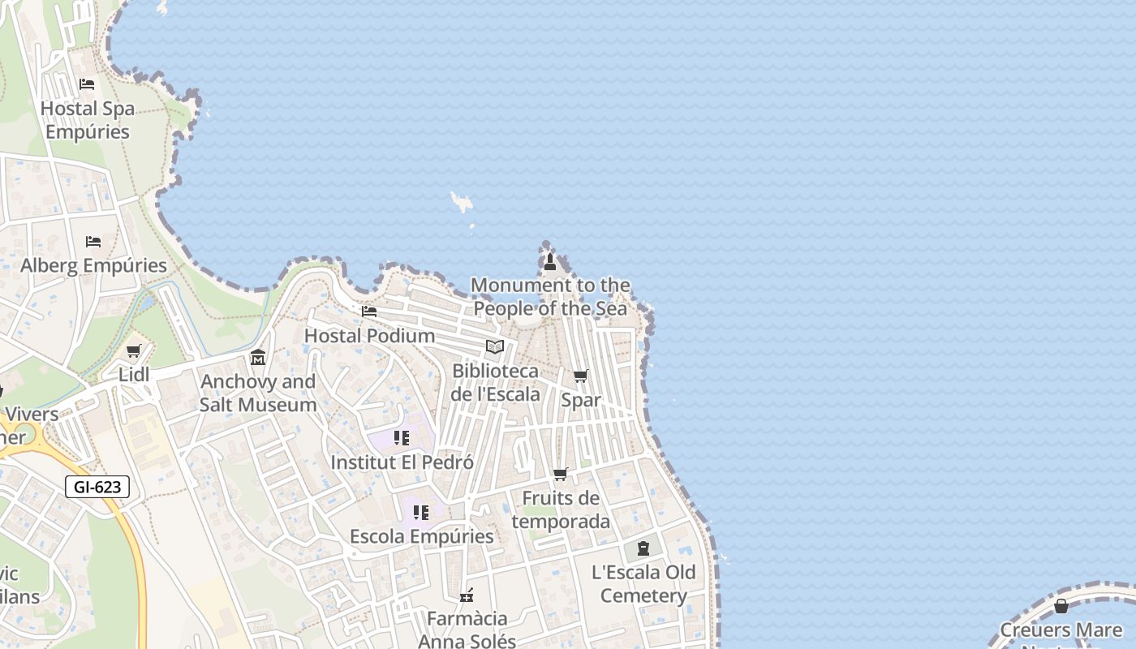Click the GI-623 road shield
pos(97,487)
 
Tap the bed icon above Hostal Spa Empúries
pos(87,84)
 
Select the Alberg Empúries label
pos(93,265)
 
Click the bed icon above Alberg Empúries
pos(93,242)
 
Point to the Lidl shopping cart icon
pos(134,351)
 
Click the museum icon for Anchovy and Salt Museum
pos(258,357)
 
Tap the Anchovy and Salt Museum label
pos(258,393)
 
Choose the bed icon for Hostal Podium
pos(369,311)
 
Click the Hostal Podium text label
pos(369,335)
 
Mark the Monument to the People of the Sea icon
pos(550,261)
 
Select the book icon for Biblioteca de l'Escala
pos(495,347)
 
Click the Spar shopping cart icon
pos(581,376)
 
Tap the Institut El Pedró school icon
pos(402,438)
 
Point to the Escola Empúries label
pos(421,536)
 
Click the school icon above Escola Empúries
pos(421,513)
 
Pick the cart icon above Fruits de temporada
pos(561,474)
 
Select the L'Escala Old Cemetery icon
pos(643,548)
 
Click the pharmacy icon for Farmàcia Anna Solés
pos(467,596)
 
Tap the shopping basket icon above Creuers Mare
pos(1061,606)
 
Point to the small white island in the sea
pos(462,201)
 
